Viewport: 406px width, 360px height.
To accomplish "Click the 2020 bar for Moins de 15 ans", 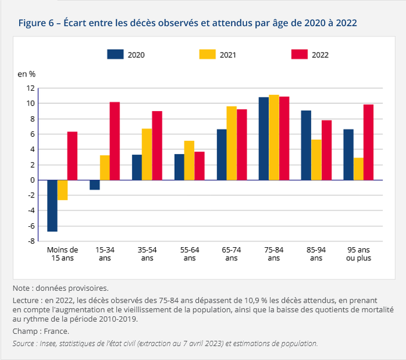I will (53, 205).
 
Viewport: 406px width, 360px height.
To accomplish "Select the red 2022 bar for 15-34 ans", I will (115, 141).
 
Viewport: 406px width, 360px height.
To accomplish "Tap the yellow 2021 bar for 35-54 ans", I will (147, 154).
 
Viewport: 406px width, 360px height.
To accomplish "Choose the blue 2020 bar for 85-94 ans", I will (306, 145).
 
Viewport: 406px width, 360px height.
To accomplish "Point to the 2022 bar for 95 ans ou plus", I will (368, 142).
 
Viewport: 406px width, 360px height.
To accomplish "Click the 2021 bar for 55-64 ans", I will (189, 160).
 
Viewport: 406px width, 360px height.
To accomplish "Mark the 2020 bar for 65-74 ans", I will (222, 154).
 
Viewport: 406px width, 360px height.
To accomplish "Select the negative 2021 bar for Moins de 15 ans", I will (63, 190).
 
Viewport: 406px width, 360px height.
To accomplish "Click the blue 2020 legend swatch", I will (115, 54).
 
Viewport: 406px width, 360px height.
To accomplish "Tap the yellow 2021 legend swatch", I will (207, 54).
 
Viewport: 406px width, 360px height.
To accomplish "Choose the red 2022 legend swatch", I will (299, 54).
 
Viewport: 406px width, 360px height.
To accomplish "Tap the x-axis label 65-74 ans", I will (232, 254).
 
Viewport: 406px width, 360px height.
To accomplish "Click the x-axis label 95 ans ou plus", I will (358, 254).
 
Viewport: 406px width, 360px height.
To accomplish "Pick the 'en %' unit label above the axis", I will (26, 74).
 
